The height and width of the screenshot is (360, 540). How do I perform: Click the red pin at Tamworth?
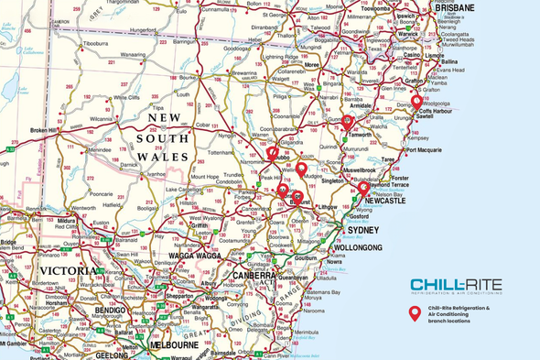(x=349, y=122)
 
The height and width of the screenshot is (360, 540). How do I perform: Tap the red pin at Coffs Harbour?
(x=416, y=102)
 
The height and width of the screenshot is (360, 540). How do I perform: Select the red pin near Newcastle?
(x=363, y=188)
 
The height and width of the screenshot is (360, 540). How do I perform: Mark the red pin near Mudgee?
(x=301, y=169)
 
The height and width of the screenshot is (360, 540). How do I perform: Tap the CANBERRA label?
(x=253, y=275)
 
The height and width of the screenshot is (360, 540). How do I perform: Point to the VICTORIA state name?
(x=64, y=272)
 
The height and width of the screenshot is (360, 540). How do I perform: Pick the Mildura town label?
(x=65, y=221)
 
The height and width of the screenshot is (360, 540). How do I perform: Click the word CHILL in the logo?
(x=433, y=284)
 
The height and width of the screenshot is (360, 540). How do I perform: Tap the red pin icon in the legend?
(x=415, y=313)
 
